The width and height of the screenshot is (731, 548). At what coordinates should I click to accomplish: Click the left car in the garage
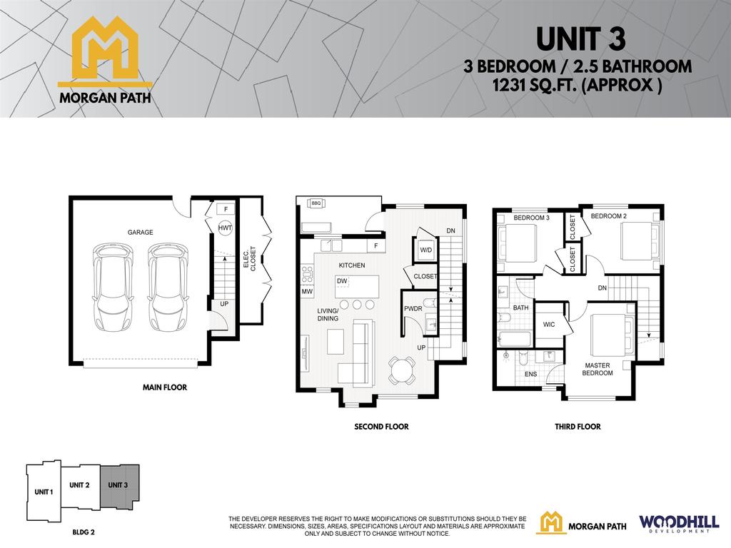(x=112, y=288)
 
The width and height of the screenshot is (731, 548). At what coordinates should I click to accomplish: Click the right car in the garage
(x=168, y=288)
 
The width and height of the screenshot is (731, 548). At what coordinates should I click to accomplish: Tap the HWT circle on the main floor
(x=226, y=228)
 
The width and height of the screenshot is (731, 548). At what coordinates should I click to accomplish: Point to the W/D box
(x=426, y=250)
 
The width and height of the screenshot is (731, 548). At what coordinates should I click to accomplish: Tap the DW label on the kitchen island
(x=342, y=281)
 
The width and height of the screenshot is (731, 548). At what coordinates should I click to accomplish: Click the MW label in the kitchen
(x=307, y=292)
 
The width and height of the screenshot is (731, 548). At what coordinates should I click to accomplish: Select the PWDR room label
(x=413, y=309)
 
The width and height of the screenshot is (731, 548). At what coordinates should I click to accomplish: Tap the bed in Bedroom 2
(x=637, y=242)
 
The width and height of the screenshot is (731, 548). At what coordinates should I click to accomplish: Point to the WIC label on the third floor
(x=549, y=324)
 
